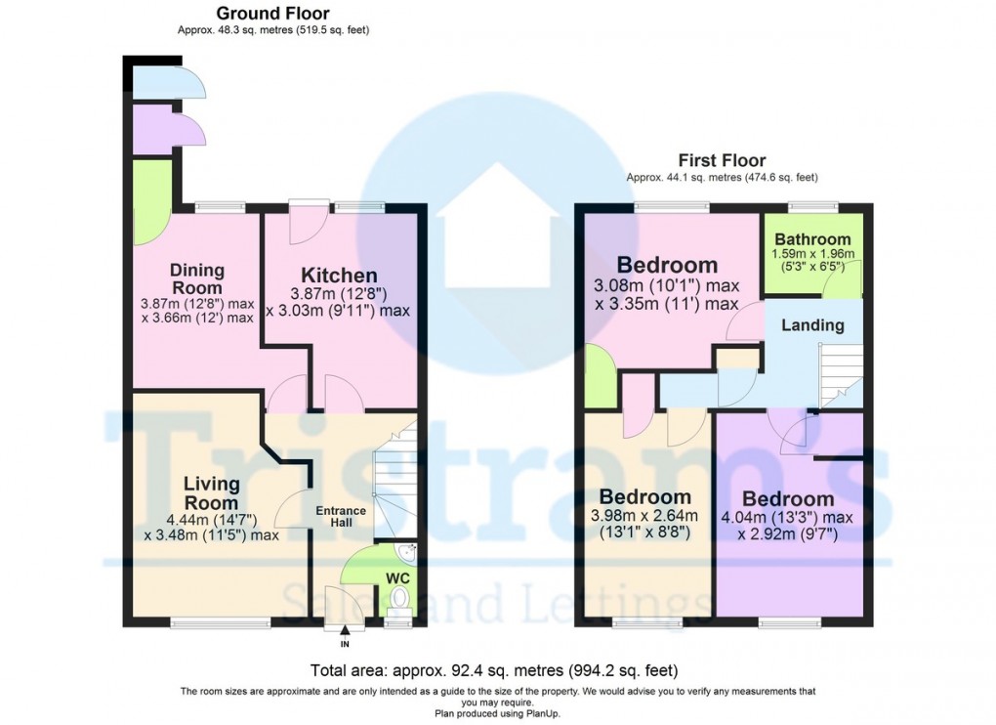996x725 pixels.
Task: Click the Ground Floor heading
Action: (x=272, y=14)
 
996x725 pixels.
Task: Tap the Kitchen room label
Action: (x=338, y=276)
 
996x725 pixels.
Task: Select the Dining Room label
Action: (x=197, y=278)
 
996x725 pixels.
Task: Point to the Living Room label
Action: (x=212, y=493)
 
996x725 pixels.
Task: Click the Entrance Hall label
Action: (x=340, y=518)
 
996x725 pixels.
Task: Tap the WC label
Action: (x=397, y=576)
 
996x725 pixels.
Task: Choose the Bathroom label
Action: (x=812, y=239)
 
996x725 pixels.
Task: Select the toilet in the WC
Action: (x=397, y=613)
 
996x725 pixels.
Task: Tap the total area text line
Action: (x=494, y=671)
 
